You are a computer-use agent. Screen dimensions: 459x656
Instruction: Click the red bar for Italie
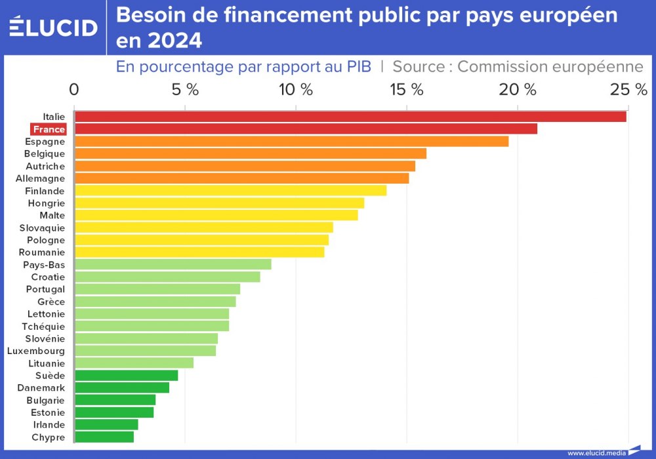pos(350,117)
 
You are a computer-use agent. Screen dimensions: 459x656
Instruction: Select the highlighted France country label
pos(49,129)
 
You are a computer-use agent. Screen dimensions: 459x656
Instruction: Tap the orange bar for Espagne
pos(291,142)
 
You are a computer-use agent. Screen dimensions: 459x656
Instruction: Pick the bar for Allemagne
pos(241,178)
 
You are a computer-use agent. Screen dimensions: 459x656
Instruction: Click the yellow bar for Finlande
pos(230,191)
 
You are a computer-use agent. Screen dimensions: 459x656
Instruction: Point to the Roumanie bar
pos(199,252)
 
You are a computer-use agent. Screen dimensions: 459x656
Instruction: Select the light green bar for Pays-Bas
pos(173,264)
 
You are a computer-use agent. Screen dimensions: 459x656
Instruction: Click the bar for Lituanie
pos(134,363)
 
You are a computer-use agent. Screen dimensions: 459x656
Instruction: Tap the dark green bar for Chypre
pos(104,437)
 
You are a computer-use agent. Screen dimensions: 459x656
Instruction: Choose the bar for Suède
pos(126,376)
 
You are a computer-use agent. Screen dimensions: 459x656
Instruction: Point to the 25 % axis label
pos(628,90)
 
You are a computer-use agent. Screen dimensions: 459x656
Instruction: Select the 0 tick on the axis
pos(74,90)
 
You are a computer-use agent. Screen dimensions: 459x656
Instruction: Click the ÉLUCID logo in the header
pos(53,27)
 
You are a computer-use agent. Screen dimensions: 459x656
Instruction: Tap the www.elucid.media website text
pos(596,452)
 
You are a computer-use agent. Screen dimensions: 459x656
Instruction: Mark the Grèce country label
pos(51,302)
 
